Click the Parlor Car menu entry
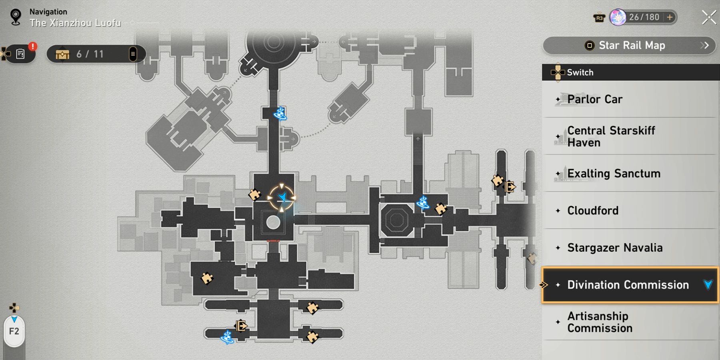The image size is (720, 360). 595,99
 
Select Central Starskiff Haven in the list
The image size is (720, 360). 611,136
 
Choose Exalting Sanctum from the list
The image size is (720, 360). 614,174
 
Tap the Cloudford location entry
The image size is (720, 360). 593,210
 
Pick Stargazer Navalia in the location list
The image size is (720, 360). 615,248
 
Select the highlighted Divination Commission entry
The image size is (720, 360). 628,285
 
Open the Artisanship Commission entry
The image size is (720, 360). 600,322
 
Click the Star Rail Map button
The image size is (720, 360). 631,46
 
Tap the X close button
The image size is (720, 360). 709,17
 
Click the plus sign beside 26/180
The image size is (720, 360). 670,17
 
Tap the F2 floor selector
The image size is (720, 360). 14,331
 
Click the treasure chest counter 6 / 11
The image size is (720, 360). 90,54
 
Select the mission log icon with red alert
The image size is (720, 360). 20,54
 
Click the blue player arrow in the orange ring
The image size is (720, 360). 282,197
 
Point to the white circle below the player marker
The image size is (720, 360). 273,222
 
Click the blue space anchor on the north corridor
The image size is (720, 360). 280,114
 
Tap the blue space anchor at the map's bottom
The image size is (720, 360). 227,337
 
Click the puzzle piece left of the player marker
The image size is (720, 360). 254,194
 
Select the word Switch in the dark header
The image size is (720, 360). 580,72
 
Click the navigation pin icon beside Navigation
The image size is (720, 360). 16,17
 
